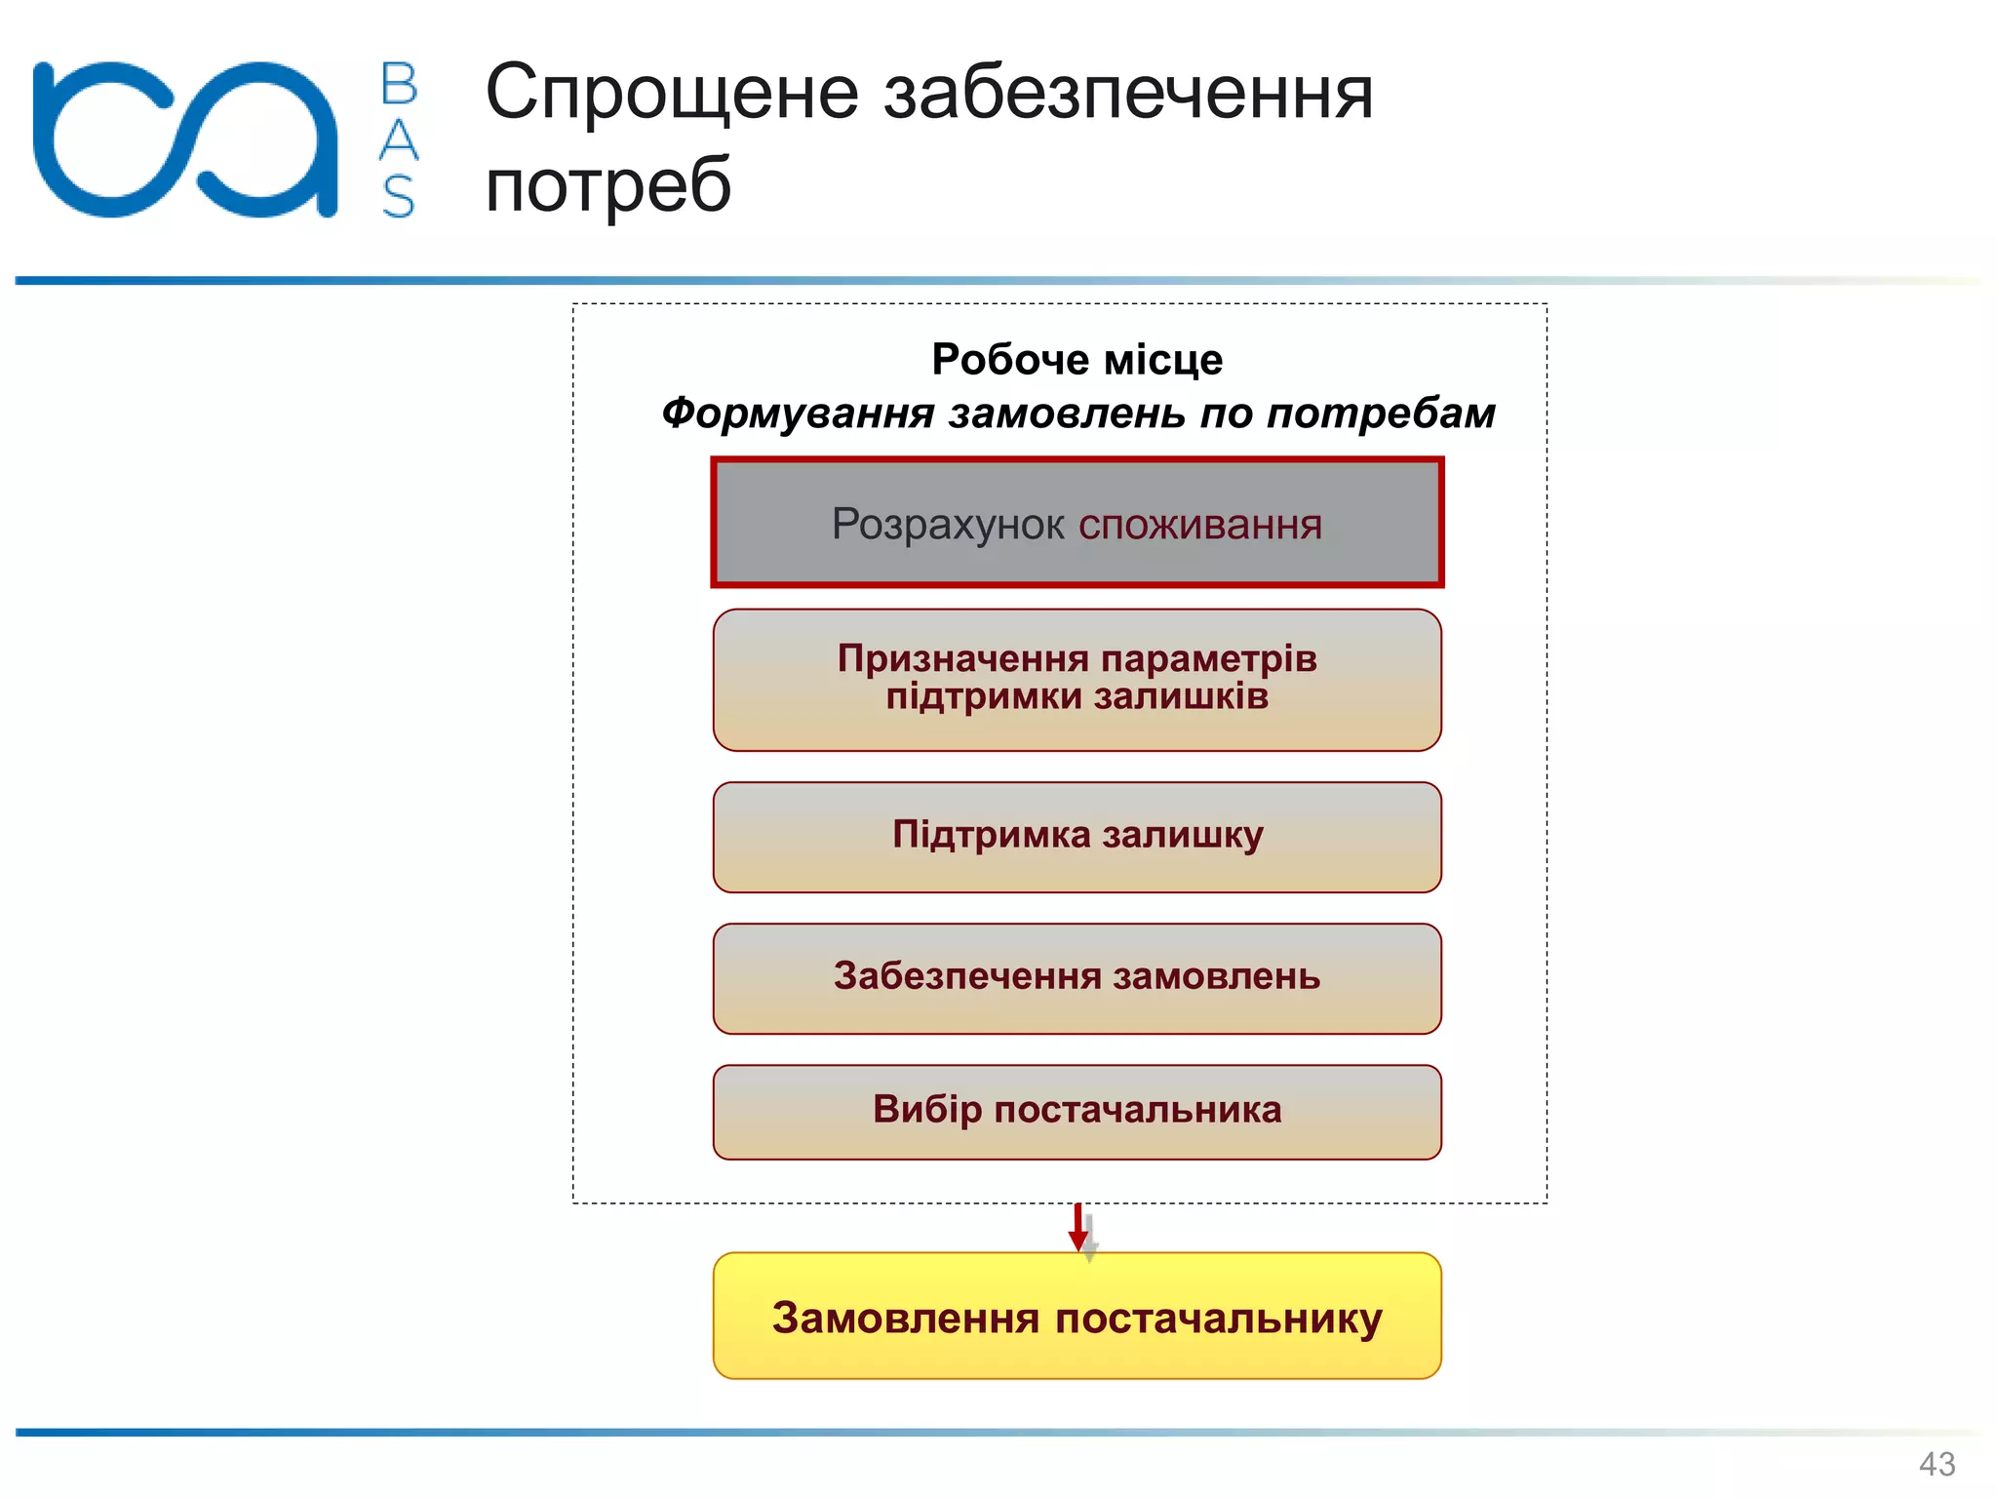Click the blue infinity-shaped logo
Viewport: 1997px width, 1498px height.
point(185,139)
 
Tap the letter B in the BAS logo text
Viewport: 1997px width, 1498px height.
point(399,84)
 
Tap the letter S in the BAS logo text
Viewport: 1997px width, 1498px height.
point(399,197)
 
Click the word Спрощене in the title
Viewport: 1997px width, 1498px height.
point(672,94)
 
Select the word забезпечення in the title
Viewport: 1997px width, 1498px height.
point(1128,94)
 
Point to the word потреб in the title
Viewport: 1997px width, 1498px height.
point(608,185)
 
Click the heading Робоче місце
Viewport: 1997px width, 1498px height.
point(1077,359)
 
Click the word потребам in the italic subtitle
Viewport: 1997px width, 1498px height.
point(1381,414)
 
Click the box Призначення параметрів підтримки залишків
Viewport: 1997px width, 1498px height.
point(1077,680)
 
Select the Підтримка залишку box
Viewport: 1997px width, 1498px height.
point(1077,837)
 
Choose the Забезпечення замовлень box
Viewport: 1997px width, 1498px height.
point(1077,978)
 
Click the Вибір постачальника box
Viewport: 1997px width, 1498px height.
point(1077,1112)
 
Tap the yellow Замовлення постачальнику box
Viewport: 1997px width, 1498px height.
point(1077,1316)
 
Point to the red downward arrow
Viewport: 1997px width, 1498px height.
point(1077,1228)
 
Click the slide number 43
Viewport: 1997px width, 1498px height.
point(1937,1464)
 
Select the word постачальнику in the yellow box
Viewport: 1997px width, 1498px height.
point(1218,1318)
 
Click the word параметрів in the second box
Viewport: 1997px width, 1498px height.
point(1210,659)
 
